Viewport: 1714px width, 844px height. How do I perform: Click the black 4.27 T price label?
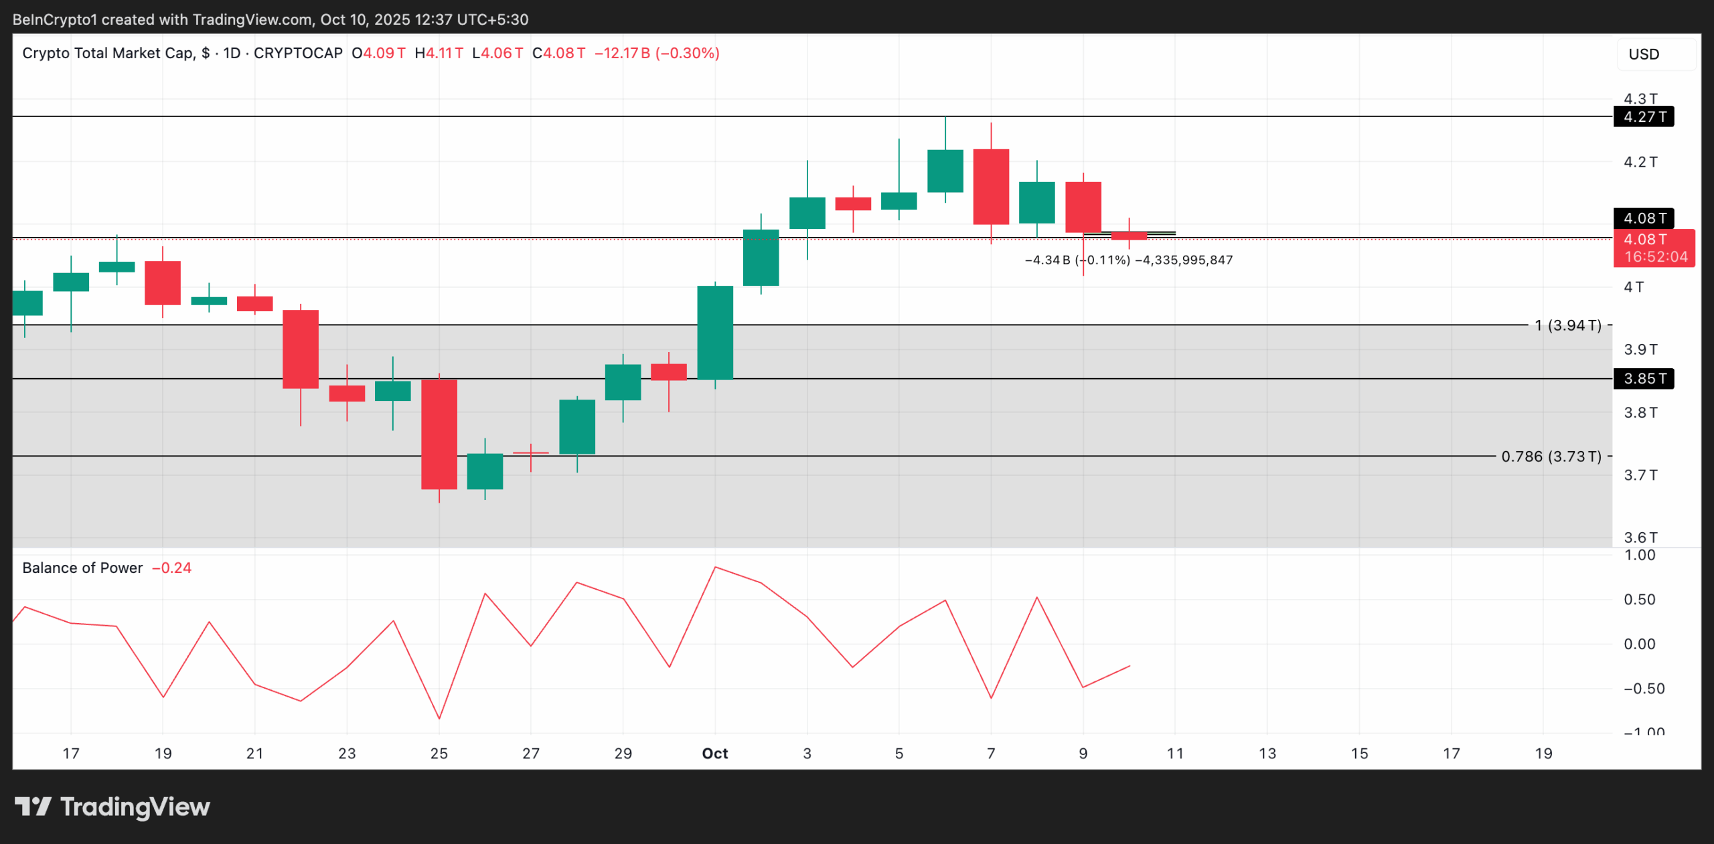pos(1644,117)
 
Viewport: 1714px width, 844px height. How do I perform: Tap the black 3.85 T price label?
pos(1644,379)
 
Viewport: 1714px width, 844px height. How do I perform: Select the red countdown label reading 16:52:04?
pos(1656,257)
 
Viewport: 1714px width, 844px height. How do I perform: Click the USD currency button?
pos(1644,54)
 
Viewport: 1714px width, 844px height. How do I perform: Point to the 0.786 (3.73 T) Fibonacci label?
pos(1551,456)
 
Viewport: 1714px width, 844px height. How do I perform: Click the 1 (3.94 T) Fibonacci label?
pos(1568,325)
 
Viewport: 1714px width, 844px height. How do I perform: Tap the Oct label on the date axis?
pos(714,754)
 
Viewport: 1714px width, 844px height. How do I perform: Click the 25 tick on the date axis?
pos(439,754)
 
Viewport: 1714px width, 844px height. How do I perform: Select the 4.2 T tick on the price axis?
pos(1640,162)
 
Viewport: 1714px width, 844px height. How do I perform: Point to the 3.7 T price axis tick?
pos(1640,475)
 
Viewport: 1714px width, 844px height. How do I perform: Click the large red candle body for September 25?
pos(439,434)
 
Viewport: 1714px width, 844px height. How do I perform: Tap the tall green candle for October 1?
pos(715,333)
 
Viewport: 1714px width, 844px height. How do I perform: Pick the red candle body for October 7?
pos(991,187)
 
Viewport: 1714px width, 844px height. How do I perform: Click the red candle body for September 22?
pos(301,349)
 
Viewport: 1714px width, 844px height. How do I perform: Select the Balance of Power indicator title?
pos(82,568)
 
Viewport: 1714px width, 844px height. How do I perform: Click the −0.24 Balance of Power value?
pos(172,568)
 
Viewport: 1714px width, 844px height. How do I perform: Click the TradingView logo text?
pos(135,807)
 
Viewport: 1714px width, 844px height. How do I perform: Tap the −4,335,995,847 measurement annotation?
pos(1184,260)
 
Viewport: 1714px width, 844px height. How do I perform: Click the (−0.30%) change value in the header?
pos(688,54)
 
